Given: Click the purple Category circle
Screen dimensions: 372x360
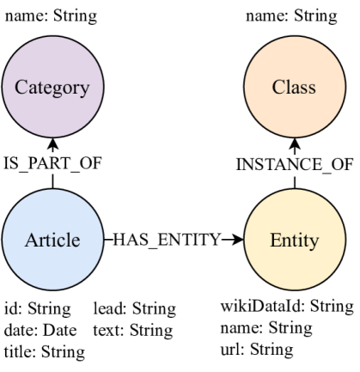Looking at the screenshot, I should tap(52, 87).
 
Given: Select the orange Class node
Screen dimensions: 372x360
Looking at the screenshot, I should tap(294, 87).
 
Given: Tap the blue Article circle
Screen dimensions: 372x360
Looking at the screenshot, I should tap(52, 240).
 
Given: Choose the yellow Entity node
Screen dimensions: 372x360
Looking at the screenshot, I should tap(294, 240).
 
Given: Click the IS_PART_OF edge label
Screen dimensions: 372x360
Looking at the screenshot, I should tap(53, 163).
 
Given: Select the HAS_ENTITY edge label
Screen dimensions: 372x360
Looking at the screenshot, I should tap(168, 240).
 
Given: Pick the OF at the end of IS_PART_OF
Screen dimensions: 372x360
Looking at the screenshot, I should tap(90, 163).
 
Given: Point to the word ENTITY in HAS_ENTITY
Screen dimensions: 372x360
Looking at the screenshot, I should tap(186, 240).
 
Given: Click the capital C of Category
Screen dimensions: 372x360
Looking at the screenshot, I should tap(21, 87).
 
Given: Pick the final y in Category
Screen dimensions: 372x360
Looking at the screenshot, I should tap(84, 89).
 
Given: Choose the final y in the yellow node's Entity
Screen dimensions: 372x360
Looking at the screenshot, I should tap(315, 242).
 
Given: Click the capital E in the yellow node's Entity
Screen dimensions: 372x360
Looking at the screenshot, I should tap(275, 240).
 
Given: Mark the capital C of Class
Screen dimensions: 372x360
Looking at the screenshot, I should tap(278, 87).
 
